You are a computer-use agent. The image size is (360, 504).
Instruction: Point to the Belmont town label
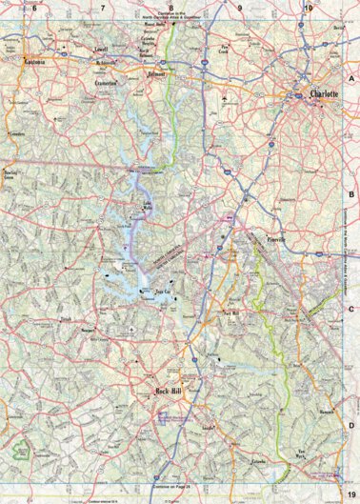156,72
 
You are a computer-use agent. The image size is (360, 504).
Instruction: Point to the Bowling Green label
12,175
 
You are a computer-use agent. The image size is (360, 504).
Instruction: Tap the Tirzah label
66,321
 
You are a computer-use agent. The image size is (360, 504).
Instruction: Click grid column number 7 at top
102,7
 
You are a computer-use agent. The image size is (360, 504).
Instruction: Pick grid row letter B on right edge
352,193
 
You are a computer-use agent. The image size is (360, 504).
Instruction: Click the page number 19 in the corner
350,494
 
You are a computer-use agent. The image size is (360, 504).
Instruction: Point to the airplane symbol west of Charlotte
223,99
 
